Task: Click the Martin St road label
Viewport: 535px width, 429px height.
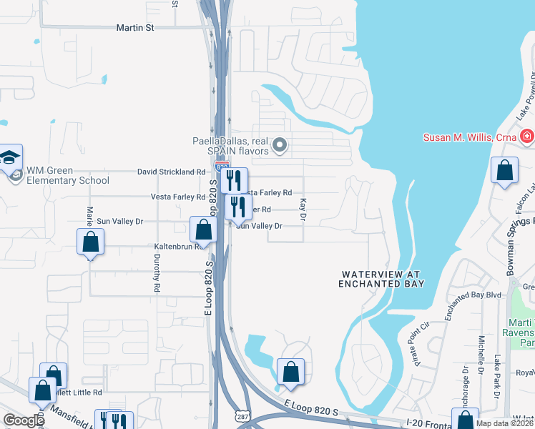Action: point(135,28)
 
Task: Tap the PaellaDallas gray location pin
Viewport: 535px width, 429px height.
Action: point(280,147)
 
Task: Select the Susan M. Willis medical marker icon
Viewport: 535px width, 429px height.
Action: point(526,136)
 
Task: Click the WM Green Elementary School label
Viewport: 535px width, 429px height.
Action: point(68,176)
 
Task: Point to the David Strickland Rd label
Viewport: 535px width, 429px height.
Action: point(172,172)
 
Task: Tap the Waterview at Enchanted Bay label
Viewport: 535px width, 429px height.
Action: point(382,279)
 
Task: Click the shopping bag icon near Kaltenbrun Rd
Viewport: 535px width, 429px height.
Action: point(204,230)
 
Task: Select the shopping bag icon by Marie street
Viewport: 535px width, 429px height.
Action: point(91,242)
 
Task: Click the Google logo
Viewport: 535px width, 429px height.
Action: point(23,420)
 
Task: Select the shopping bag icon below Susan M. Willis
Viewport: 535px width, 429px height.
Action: point(505,172)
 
